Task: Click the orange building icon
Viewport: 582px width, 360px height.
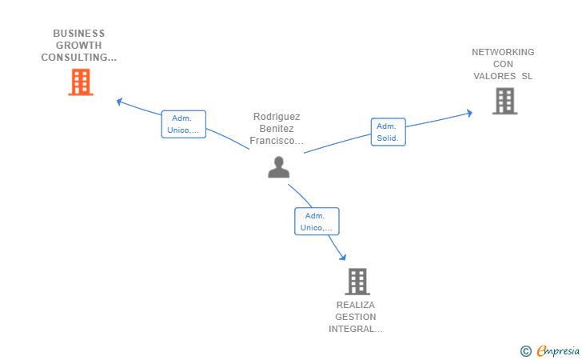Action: point(81,82)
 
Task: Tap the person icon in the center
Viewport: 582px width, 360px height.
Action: point(279,167)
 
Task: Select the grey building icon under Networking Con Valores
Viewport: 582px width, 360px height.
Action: point(504,101)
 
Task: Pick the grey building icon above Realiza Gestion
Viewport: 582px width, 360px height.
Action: point(357,282)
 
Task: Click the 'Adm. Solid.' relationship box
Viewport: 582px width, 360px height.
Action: point(389,132)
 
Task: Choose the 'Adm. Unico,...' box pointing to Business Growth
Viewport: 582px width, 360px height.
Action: point(184,124)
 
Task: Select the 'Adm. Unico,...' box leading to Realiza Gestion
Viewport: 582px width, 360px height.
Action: point(317,222)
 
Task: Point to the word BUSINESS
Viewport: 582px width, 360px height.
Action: point(79,34)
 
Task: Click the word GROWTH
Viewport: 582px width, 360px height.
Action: point(78,46)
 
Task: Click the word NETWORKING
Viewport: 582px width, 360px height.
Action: point(503,52)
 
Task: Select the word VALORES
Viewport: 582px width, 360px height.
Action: point(494,76)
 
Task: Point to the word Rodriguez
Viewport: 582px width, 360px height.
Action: point(277,117)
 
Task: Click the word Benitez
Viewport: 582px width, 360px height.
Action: point(277,129)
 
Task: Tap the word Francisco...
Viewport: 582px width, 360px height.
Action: point(273,141)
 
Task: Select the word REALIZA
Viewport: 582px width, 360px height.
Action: point(356,305)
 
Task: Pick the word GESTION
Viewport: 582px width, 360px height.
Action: point(356,317)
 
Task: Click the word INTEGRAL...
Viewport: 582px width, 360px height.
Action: point(351,329)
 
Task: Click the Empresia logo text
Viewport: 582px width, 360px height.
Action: point(558,350)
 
